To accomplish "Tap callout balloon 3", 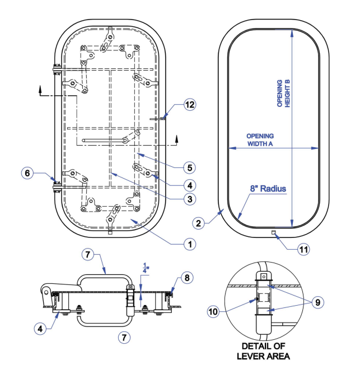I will (190, 198).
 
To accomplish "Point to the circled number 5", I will (190, 167).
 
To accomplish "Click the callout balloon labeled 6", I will (27, 173).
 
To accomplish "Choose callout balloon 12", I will (190, 105).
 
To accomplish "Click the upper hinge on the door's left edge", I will (56, 71).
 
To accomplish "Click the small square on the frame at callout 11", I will (273, 232).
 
